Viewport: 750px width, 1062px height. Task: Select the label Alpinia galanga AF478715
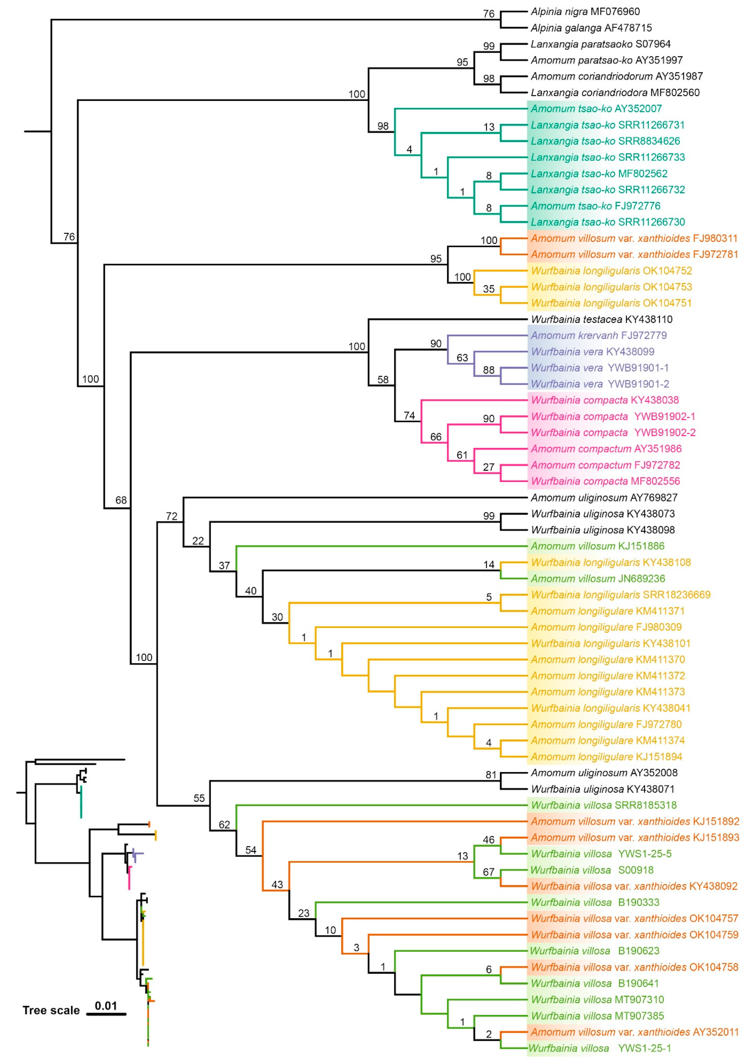click(591, 28)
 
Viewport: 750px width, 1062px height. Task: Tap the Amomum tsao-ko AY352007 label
click(596, 109)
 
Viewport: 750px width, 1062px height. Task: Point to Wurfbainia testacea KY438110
click(601, 319)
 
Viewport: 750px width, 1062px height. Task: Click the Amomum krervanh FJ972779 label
click(599, 335)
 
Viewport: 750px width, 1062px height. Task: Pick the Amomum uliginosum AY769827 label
click(604, 498)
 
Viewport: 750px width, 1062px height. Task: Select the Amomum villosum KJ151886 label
click(597, 546)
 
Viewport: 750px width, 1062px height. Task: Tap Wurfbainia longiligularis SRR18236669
click(621, 595)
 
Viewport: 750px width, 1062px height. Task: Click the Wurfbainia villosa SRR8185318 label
click(603, 805)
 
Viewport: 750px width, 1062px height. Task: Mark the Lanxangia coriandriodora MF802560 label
click(615, 92)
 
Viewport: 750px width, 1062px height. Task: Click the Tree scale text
click(51, 1011)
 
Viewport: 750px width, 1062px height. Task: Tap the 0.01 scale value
click(106, 1006)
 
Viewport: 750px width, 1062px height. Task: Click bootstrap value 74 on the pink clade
click(409, 415)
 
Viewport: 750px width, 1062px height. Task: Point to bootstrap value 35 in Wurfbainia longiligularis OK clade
click(488, 289)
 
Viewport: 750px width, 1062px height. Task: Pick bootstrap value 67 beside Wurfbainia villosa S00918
click(488, 872)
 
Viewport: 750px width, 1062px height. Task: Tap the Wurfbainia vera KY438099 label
click(592, 352)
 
